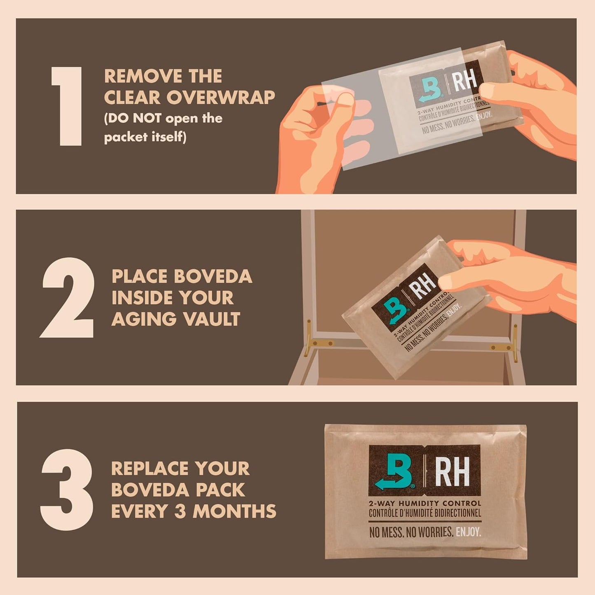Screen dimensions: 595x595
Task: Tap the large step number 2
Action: click(68, 297)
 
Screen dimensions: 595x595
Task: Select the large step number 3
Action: click(67, 490)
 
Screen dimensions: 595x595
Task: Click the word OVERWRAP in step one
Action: click(220, 98)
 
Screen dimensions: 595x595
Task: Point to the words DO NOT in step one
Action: click(135, 119)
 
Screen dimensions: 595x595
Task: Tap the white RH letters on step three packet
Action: click(452, 471)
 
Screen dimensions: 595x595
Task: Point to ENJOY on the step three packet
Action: click(468, 532)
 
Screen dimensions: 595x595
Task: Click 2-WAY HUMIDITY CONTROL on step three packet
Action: click(425, 503)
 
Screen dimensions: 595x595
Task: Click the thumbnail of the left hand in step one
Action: click(345, 99)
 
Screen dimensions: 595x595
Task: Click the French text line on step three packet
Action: click(425, 513)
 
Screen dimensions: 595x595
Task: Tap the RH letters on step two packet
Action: click(424, 286)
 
